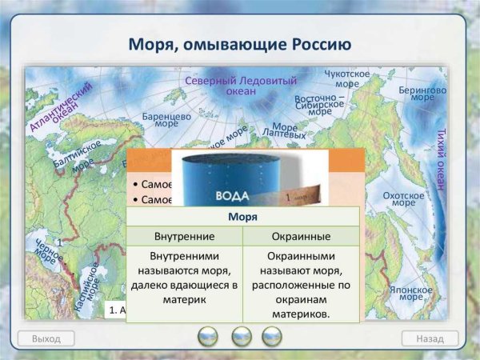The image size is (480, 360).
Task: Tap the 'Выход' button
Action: pos(46,338)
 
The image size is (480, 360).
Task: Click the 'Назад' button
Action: pos(430,338)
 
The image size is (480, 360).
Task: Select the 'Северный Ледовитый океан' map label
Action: pos(240,86)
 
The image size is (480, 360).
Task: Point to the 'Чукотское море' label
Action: pos(346,78)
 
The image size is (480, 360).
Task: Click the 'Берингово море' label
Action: pos(422,96)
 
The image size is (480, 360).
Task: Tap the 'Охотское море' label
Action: pos(403,199)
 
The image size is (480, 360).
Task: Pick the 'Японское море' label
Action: pos(411,293)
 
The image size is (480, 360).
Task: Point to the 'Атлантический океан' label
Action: pos(57,110)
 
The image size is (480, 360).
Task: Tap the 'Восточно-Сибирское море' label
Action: pos(319,105)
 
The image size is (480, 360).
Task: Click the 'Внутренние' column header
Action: pos(184,237)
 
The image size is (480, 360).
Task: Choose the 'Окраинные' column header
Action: pos(301,237)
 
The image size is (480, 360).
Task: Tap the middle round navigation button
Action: pos(241,337)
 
